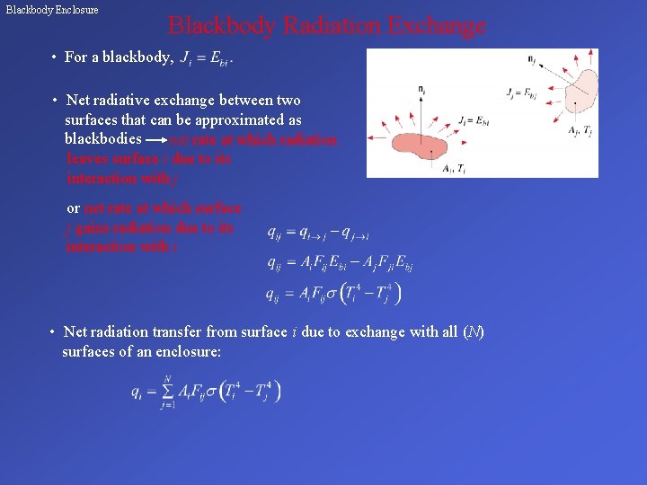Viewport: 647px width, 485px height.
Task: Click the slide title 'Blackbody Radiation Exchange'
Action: click(x=327, y=26)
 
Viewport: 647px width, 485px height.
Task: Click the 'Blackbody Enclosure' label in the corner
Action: click(x=52, y=10)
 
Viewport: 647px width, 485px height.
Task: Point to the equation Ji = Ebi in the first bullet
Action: click(x=206, y=59)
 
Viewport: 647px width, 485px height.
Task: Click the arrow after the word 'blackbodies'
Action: click(x=155, y=140)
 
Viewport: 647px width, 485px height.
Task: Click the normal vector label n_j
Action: click(x=532, y=62)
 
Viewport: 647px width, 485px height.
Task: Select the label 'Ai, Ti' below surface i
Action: click(x=455, y=169)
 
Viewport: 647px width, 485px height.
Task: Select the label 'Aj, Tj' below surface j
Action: click(x=580, y=131)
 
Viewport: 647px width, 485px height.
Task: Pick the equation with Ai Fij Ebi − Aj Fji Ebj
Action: click(x=340, y=263)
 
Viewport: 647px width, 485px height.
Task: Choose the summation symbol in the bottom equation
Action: click(x=167, y=391)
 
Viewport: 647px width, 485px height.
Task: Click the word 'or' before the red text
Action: click(x=74, y=208)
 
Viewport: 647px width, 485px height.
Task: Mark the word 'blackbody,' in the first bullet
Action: click(x=137, y=57)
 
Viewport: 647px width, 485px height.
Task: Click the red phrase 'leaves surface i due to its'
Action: click(x=148, y=159)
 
